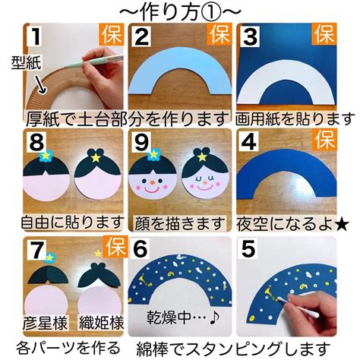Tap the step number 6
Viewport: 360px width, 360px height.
(140, 249)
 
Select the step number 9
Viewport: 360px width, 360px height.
(141, 142)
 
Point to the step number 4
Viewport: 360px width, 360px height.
(248, 142)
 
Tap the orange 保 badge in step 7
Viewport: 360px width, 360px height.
(115, 246)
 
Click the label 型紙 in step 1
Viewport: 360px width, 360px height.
(26, 62)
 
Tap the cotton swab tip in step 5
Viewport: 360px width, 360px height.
(280, 299)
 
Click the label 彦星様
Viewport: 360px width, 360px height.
(46, 323)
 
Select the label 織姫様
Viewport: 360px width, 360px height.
(101, 323)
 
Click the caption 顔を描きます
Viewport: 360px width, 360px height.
(179, 224)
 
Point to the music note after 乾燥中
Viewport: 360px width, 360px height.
(214, 317)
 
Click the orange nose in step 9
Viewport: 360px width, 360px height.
(152, 182)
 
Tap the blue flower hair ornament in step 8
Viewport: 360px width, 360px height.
(45, 156)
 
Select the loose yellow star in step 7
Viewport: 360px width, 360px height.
(98, 253)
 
